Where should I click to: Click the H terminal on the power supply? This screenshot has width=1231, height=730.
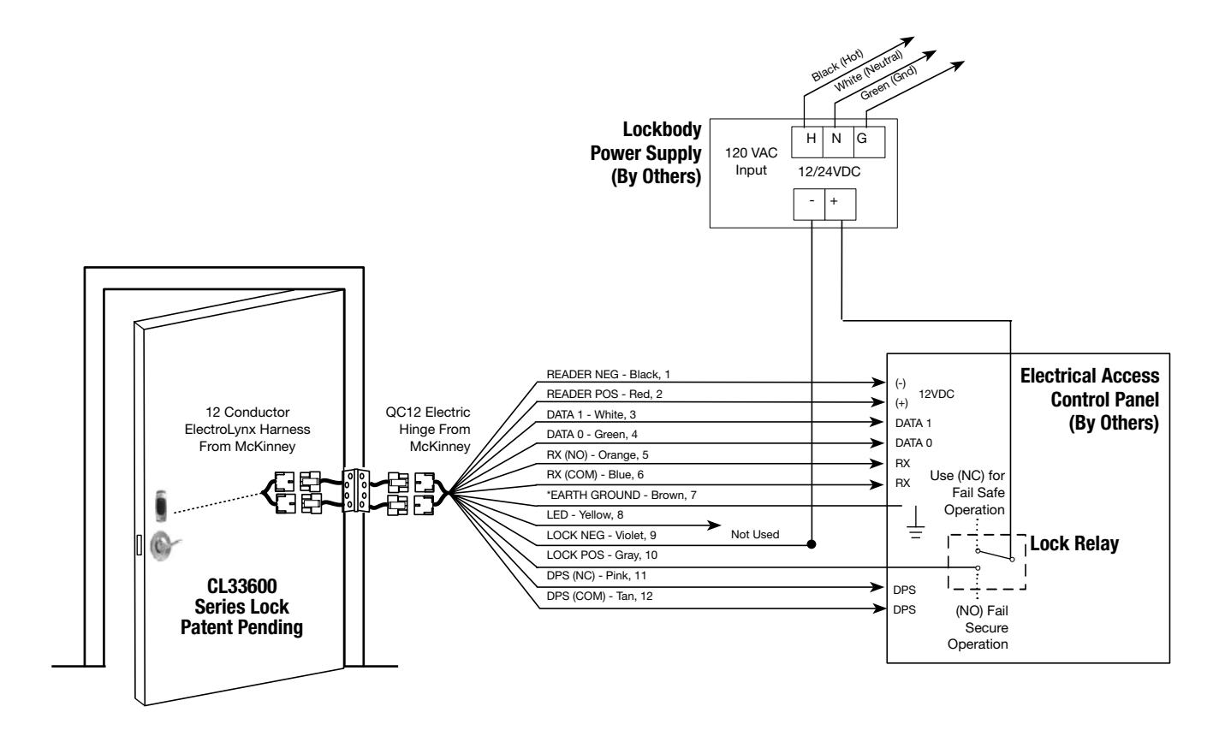[807, 142]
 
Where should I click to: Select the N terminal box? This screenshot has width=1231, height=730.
[838, 142]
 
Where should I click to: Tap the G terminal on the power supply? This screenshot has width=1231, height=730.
[870, 142]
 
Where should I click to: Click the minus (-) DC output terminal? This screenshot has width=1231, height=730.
[810, 205]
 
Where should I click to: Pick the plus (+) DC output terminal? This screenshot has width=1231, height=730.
[841, 205]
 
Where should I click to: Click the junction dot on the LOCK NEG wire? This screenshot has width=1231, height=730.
[812, 544]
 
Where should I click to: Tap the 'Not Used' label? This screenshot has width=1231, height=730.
[754, 535]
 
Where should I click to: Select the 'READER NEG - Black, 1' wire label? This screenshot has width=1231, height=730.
[608, 375]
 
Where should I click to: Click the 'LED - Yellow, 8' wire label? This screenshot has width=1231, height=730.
[585, 515]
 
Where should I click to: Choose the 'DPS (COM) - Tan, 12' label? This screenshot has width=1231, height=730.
[599, 596]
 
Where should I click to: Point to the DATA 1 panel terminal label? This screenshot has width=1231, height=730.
[913, 424]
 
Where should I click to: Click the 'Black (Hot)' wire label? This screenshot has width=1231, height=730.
[837, 65]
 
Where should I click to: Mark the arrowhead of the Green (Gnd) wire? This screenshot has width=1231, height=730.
[957, 66]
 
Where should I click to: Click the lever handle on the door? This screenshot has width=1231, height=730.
[164, 545]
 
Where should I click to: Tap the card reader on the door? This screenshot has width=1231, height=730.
[161, 506]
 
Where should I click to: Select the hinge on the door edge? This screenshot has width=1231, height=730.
[355, 490]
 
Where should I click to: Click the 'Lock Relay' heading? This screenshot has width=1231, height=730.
[1074, 543]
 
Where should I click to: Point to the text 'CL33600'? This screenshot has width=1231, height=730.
[241, 586]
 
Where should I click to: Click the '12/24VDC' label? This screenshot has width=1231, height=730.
[829, 173]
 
